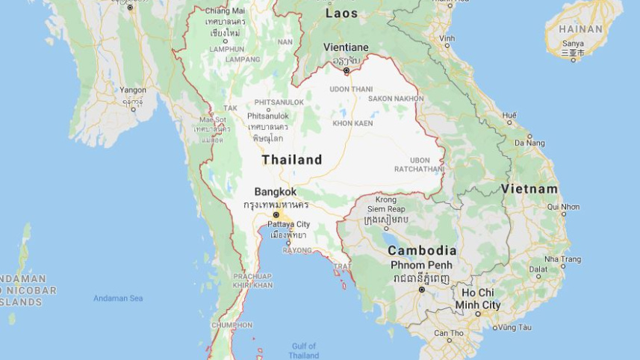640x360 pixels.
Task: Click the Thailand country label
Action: point(292,160)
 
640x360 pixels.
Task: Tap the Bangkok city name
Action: point(275,192)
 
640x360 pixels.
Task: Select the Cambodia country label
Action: point(422,251)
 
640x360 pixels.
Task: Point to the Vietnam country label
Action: point(529,189)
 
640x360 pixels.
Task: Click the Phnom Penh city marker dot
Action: point(422,289)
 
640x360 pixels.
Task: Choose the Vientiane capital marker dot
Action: point(347,71)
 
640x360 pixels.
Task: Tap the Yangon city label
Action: point(133,90)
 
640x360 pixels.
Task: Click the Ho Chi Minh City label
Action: point(478,299)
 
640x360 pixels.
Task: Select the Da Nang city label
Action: point(529,143)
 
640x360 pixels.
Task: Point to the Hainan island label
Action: point(580,29)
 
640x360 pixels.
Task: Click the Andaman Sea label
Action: point(118,299)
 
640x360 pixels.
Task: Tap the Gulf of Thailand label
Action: point(304,350)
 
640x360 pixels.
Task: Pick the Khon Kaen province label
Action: point(352,123)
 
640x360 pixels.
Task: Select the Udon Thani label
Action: point(351,89)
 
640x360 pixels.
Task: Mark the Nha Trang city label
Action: point(562,258)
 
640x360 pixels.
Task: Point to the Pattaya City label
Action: point(290,224)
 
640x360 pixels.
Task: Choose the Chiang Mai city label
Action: point(225,10)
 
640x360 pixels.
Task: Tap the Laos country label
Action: point(342,13)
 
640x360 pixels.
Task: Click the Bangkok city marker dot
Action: point(276,215)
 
